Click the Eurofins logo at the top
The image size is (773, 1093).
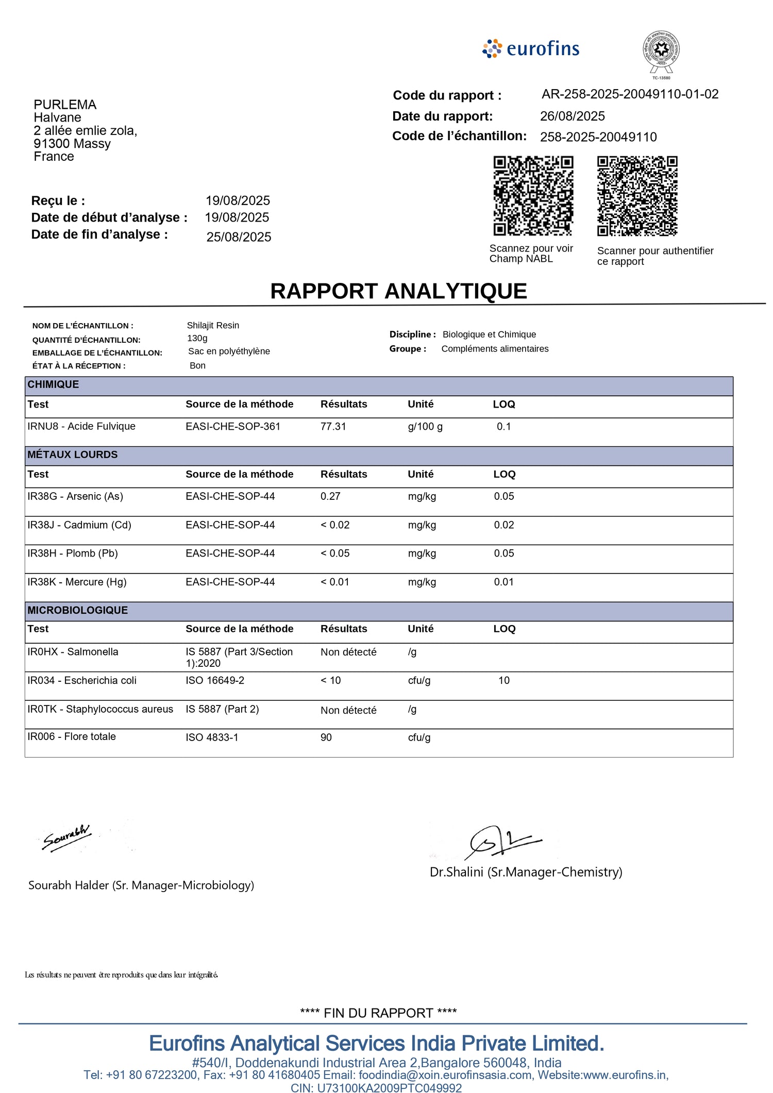(531, 49)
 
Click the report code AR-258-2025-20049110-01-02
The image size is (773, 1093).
(630, 94)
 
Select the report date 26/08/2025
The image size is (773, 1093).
(572, 116)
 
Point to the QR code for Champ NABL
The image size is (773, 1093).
(533, 196)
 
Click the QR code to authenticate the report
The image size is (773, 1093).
(637, 196)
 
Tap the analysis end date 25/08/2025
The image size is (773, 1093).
(239, 237)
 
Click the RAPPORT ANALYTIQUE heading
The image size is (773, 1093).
(398, 291)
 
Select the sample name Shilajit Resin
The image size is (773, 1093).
(213, 326)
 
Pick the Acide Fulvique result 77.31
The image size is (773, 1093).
(333, 427)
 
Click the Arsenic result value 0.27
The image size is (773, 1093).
(330, 497)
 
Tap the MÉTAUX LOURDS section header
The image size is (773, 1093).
(73, 455)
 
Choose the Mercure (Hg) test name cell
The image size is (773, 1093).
(77, 582)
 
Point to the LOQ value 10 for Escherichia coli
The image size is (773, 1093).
(503, 681)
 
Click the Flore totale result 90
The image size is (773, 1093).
(326, 738)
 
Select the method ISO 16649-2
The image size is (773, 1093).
(215, 681)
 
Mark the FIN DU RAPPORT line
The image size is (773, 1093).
(378, 1013)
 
